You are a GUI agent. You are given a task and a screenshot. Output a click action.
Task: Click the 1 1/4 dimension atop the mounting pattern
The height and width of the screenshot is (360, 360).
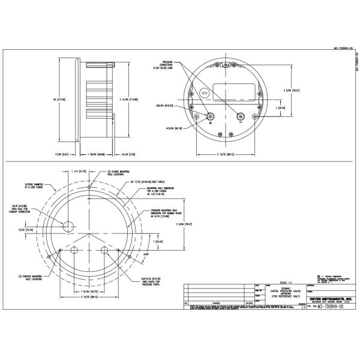[76, 171]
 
